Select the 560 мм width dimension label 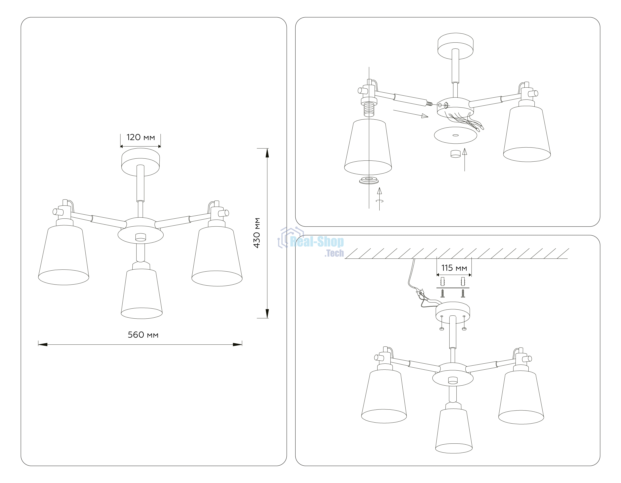143,335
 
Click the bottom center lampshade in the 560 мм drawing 142,293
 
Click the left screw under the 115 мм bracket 442,293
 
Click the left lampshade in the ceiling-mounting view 384,397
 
